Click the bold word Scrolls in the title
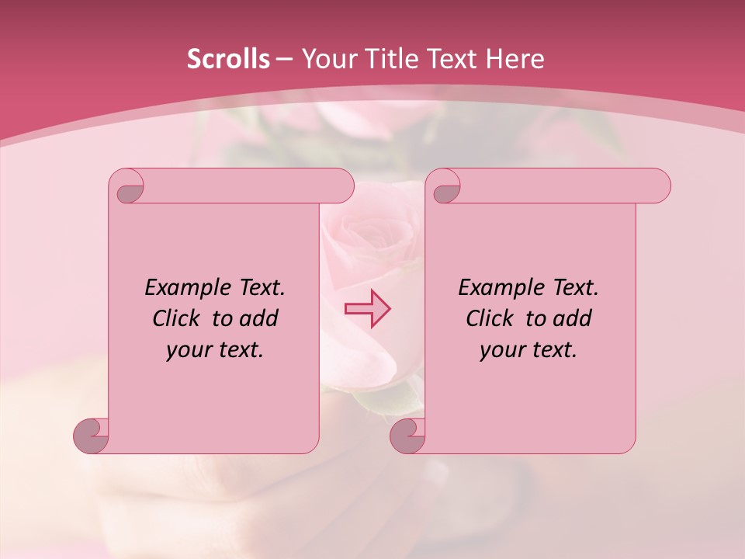[229, 59]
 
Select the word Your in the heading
[326, 59]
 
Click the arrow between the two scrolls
[367, 309]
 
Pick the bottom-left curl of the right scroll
[408, 436]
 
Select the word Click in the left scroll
[175, 318]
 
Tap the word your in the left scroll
[186, 351]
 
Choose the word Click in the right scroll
[488, 318]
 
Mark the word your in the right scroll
[500, 351]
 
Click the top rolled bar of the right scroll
[559, 186]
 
